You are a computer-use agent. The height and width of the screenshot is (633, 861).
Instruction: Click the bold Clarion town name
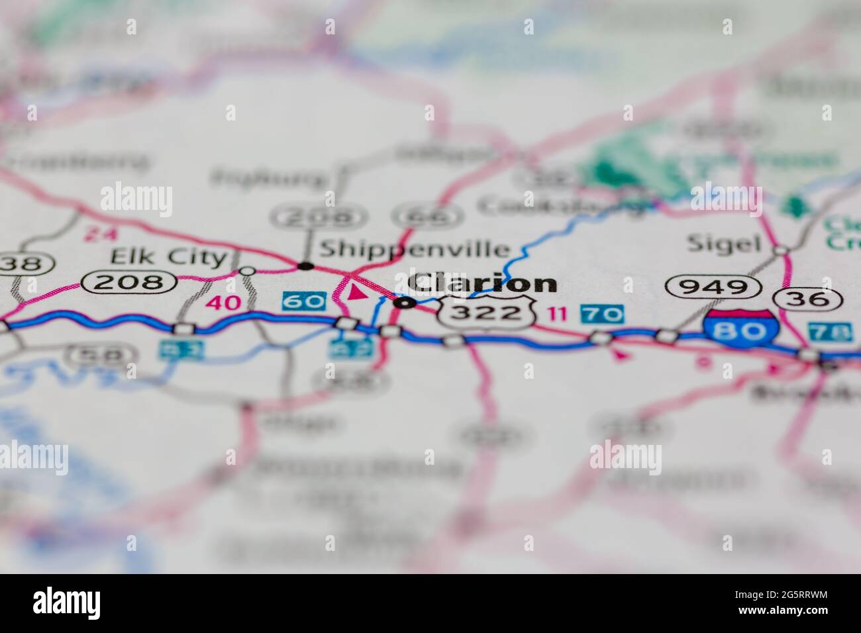(x=482, y=283)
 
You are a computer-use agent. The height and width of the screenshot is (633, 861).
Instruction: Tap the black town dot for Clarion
(x=405, y=303)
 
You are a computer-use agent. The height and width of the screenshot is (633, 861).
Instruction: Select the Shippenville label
(x=415, y=249)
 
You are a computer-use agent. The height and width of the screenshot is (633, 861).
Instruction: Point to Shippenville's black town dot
(x=305, y=266)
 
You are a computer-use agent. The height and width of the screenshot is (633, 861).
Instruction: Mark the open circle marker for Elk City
(x=247, y=270)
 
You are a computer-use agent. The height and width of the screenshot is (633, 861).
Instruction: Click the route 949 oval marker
(x=713, y=287)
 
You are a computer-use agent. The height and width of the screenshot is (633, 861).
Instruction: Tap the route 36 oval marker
(x=812, y=299)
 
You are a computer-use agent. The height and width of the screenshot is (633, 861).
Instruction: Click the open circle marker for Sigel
(x=782, y=250)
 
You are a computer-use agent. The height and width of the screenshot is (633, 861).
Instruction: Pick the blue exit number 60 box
(x=305, y=302)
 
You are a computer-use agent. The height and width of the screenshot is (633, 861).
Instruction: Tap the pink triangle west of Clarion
(x=356, y=292)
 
